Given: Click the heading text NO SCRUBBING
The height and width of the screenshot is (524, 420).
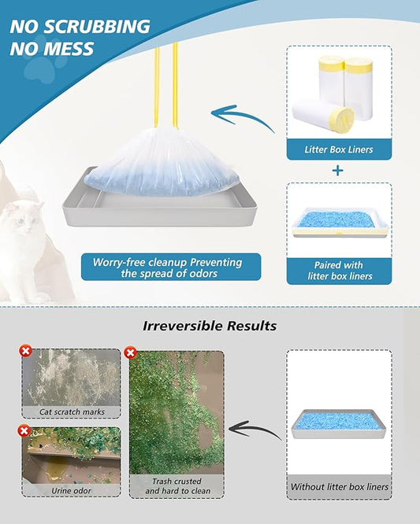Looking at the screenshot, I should pyautogui.click(x=80, y=26).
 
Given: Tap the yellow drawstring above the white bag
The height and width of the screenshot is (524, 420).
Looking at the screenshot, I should pyautogui.click(x=166, y=87).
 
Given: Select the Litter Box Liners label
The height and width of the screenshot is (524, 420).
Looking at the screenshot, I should pyautogui.click(x=339, y=149).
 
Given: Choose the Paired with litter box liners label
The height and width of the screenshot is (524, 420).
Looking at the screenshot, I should pyautogui.click(x=339, y=271).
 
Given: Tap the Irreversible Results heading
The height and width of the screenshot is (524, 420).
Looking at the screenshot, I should pyautogui.click(x=210, y=325).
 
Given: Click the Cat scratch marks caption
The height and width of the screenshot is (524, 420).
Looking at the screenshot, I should pyautogui.click(x=72, y=411).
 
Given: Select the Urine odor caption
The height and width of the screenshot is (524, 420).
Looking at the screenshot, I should pyautogui.click(x=72, y=489).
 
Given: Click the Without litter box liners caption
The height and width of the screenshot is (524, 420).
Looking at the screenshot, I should pyautogui.click(x=339, y=487).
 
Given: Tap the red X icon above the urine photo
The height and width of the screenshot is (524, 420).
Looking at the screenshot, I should pyautogui.click(x=24, y=430).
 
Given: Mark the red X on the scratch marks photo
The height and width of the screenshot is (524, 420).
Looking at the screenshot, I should pyautogui.click(x=24, y=351).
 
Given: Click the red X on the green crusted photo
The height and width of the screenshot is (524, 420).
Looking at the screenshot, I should pyautogui.click(x=131, y=352).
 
